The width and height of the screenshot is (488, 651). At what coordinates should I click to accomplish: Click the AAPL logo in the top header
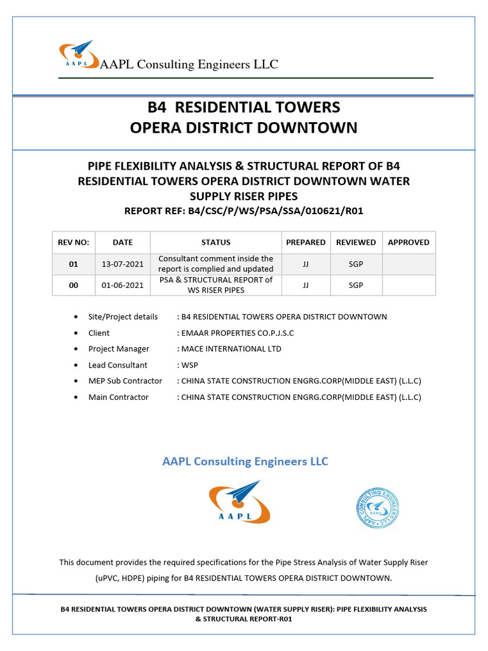[x=76, y=53]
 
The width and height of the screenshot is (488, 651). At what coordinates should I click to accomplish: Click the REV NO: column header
[x=73, y=242]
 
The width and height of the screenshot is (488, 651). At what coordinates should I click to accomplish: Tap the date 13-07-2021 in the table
[x=123, y=264]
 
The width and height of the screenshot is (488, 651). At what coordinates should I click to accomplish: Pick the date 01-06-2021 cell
[x=123, y=285]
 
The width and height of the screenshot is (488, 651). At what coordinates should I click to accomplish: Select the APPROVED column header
[x=408, y=242]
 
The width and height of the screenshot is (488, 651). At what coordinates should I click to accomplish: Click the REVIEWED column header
[x=356, y=242]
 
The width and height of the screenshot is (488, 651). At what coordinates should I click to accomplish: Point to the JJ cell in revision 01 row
[x=306, y=264]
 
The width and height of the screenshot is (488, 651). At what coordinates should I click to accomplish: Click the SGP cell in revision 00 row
[x=356, y=285]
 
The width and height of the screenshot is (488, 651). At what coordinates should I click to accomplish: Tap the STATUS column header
[x=215, y=242]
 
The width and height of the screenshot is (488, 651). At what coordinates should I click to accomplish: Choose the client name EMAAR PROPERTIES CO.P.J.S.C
[x=238, y=333]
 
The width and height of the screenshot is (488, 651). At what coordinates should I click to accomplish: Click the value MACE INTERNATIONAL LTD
[x=231, y=349]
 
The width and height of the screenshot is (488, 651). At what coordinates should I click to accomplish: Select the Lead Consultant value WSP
[x=189, y=365]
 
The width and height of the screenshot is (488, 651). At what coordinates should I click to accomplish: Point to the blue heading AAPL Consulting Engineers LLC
[x=245, y=462]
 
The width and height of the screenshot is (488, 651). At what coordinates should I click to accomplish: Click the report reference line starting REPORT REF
[x=243, y=210]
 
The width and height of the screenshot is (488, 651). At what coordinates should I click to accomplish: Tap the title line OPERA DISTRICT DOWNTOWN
[x=243, y=128]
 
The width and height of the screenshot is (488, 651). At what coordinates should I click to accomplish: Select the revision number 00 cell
[x=73, y=285]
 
